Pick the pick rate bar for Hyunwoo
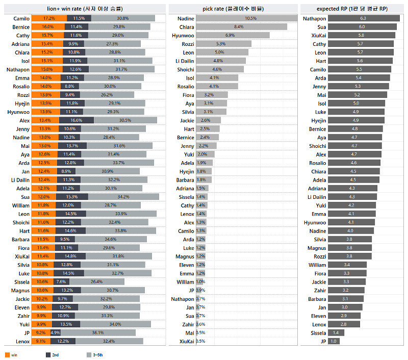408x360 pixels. coord(233,35)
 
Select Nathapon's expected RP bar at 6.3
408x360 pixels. coord(363,18)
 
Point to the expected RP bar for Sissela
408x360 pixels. coord(336,332)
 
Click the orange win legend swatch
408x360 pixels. coord(7,355)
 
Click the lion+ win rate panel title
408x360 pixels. coord(84,8)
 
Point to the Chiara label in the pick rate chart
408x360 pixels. coord(187,27)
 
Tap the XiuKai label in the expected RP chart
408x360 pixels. coord(319,35)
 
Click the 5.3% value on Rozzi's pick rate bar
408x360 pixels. coord(221,44)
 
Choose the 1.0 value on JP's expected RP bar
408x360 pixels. coord(334,341)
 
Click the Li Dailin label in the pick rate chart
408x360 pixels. coord(184,61)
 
